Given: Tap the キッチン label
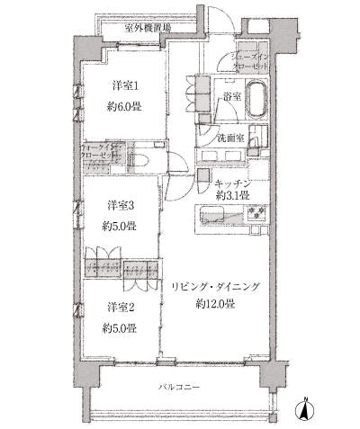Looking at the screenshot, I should click(231, 183).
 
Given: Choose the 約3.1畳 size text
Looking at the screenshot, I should click(231, 196).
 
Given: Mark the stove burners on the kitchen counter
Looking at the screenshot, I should click(251, 216).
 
